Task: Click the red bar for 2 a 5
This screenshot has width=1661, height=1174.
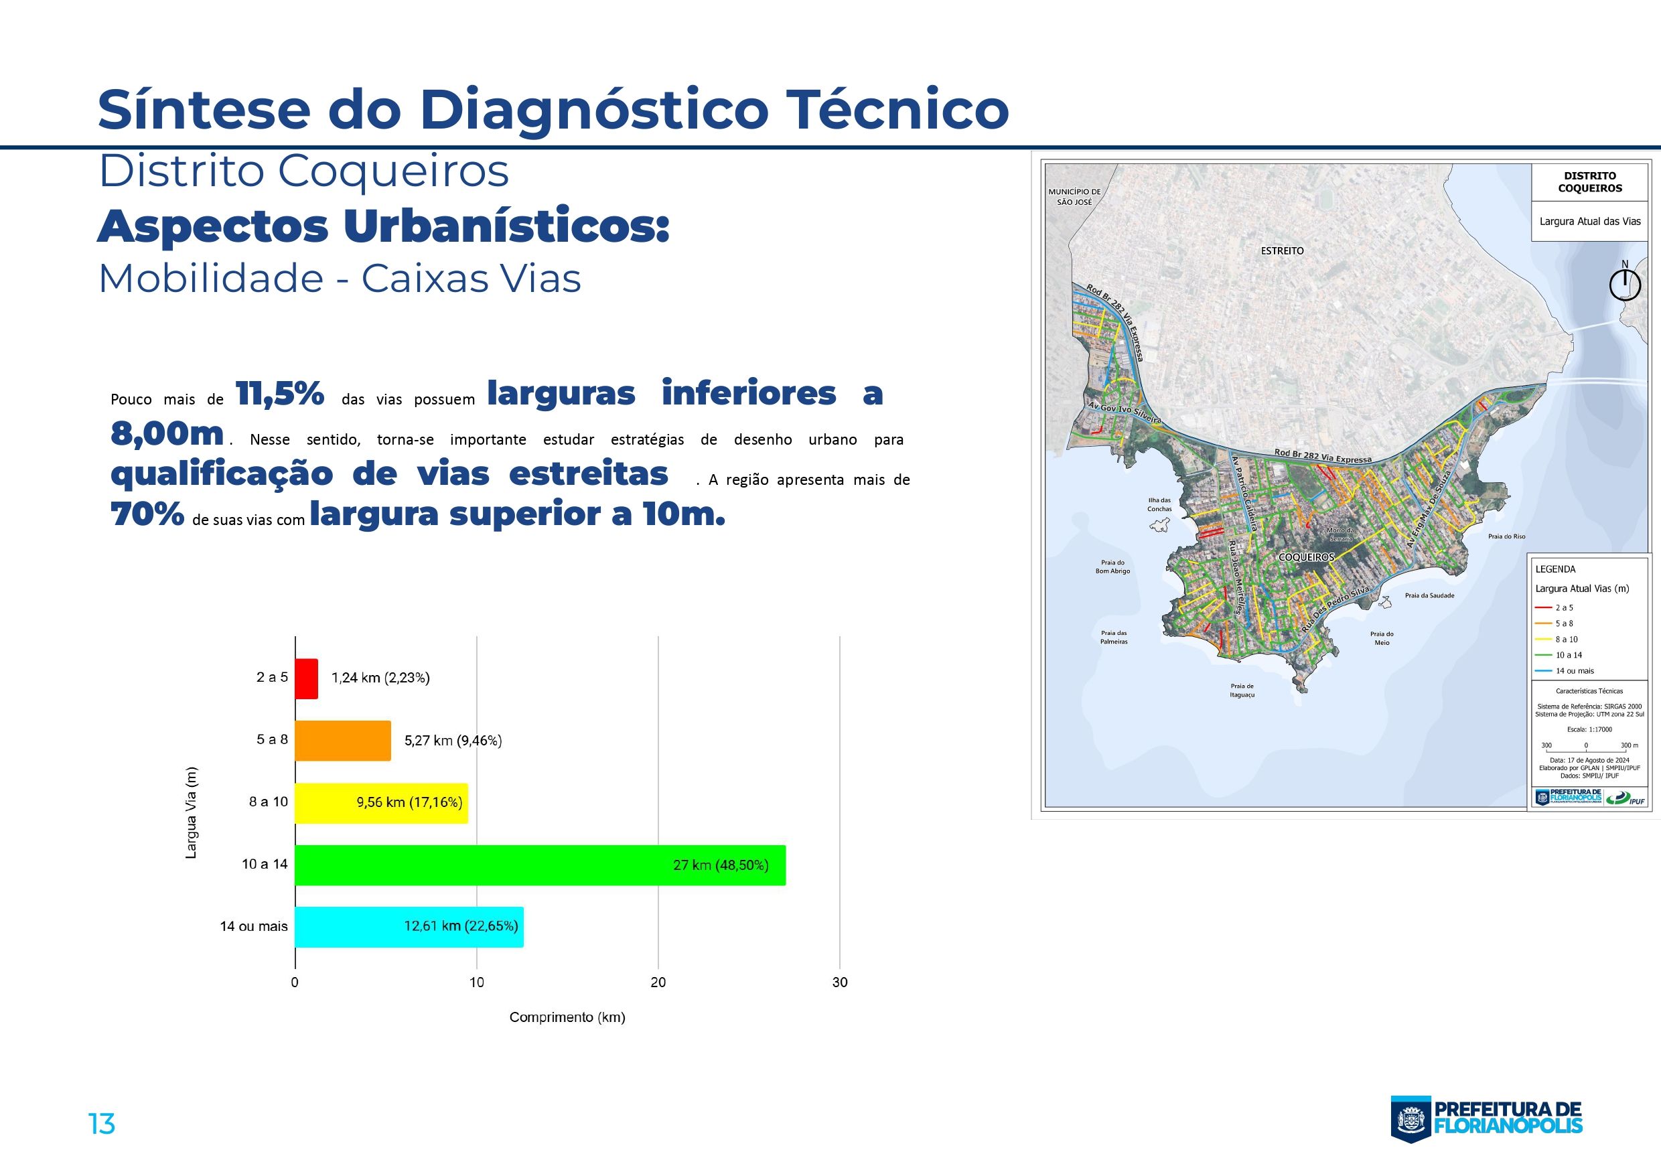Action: point(306,678)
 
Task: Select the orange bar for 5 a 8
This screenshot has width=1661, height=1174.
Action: point(342,741)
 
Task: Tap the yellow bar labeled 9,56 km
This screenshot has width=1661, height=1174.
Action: point(381,803)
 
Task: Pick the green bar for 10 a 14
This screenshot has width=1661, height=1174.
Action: point(540,865)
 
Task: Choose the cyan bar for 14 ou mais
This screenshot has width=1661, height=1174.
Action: point(409,927)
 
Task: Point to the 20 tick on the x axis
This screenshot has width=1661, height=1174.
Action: point(658,982)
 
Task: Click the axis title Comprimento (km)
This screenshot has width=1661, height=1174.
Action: point(567,1017)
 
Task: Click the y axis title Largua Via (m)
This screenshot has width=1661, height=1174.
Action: point(191,812)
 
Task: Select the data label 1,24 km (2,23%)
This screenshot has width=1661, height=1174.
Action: point(380,678)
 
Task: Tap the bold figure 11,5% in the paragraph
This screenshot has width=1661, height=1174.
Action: point(280,394)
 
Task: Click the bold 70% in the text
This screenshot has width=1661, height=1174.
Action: point(147,515)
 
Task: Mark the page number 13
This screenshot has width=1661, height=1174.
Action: point(101,1123)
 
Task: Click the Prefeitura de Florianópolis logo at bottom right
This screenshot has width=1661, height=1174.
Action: point(1487,1119)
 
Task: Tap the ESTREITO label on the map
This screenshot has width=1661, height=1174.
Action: point(1282,251)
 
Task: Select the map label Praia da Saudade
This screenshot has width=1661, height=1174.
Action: point(1429,596)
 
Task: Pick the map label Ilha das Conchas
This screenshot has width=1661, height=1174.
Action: point(1159,504)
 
